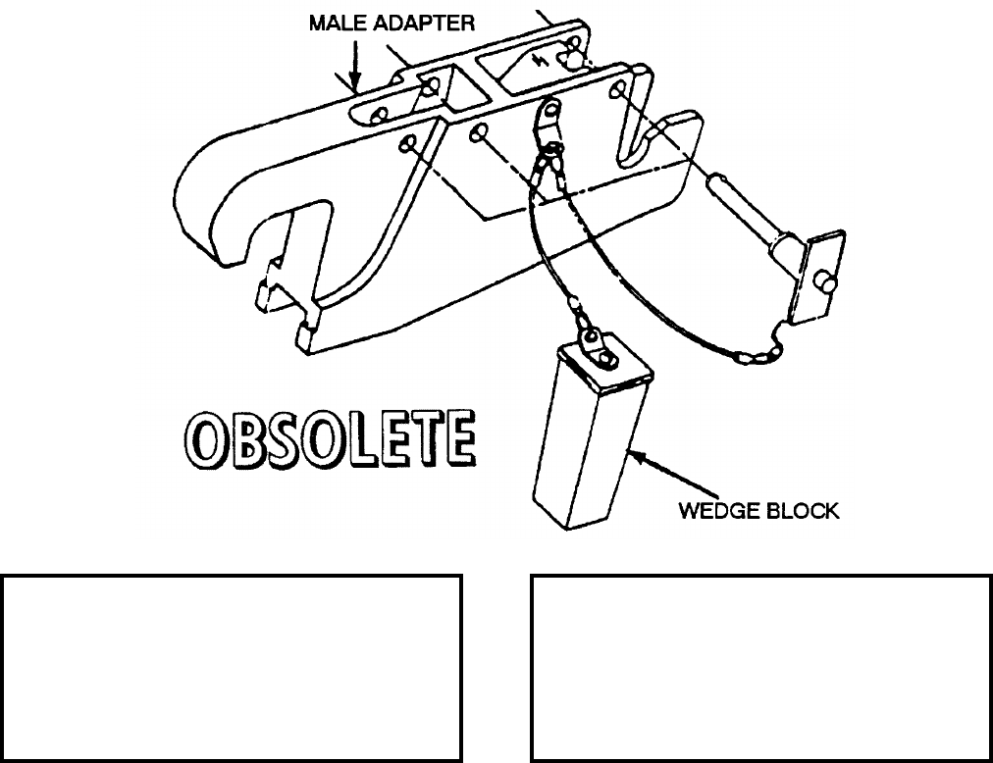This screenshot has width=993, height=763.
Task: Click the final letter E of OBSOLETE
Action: click(459, 439)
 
